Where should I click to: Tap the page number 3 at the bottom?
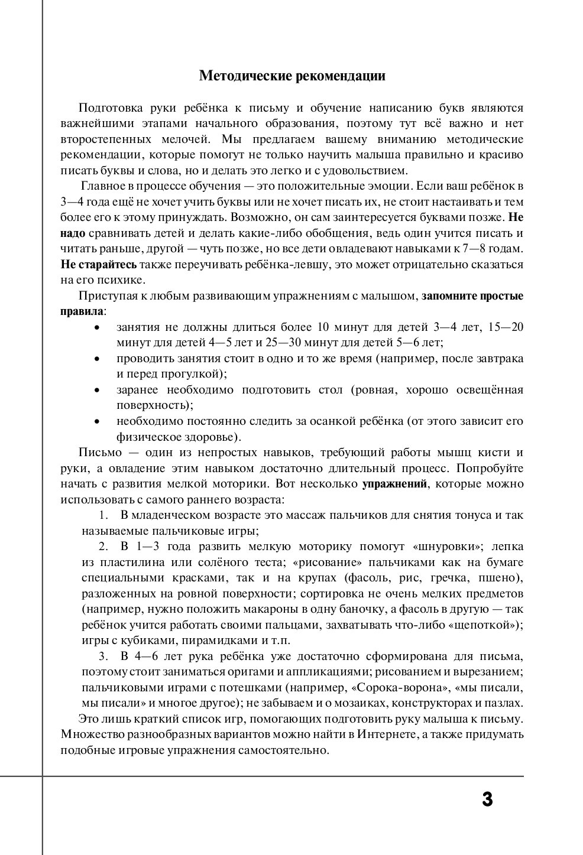(487, 800)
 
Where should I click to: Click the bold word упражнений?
(394, 484)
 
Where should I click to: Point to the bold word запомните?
(448, 295)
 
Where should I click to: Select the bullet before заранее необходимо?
(97, 391)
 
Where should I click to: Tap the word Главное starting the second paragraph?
(103, 186)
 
